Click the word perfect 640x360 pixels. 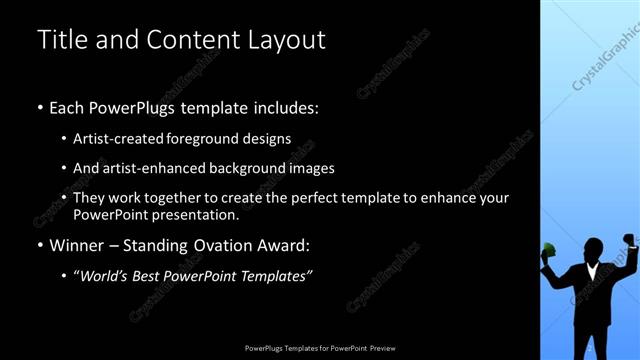(308, 198)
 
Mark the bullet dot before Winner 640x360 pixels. (40, 246)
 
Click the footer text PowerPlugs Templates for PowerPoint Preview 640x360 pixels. (320, 349)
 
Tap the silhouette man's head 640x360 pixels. (590, 248)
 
